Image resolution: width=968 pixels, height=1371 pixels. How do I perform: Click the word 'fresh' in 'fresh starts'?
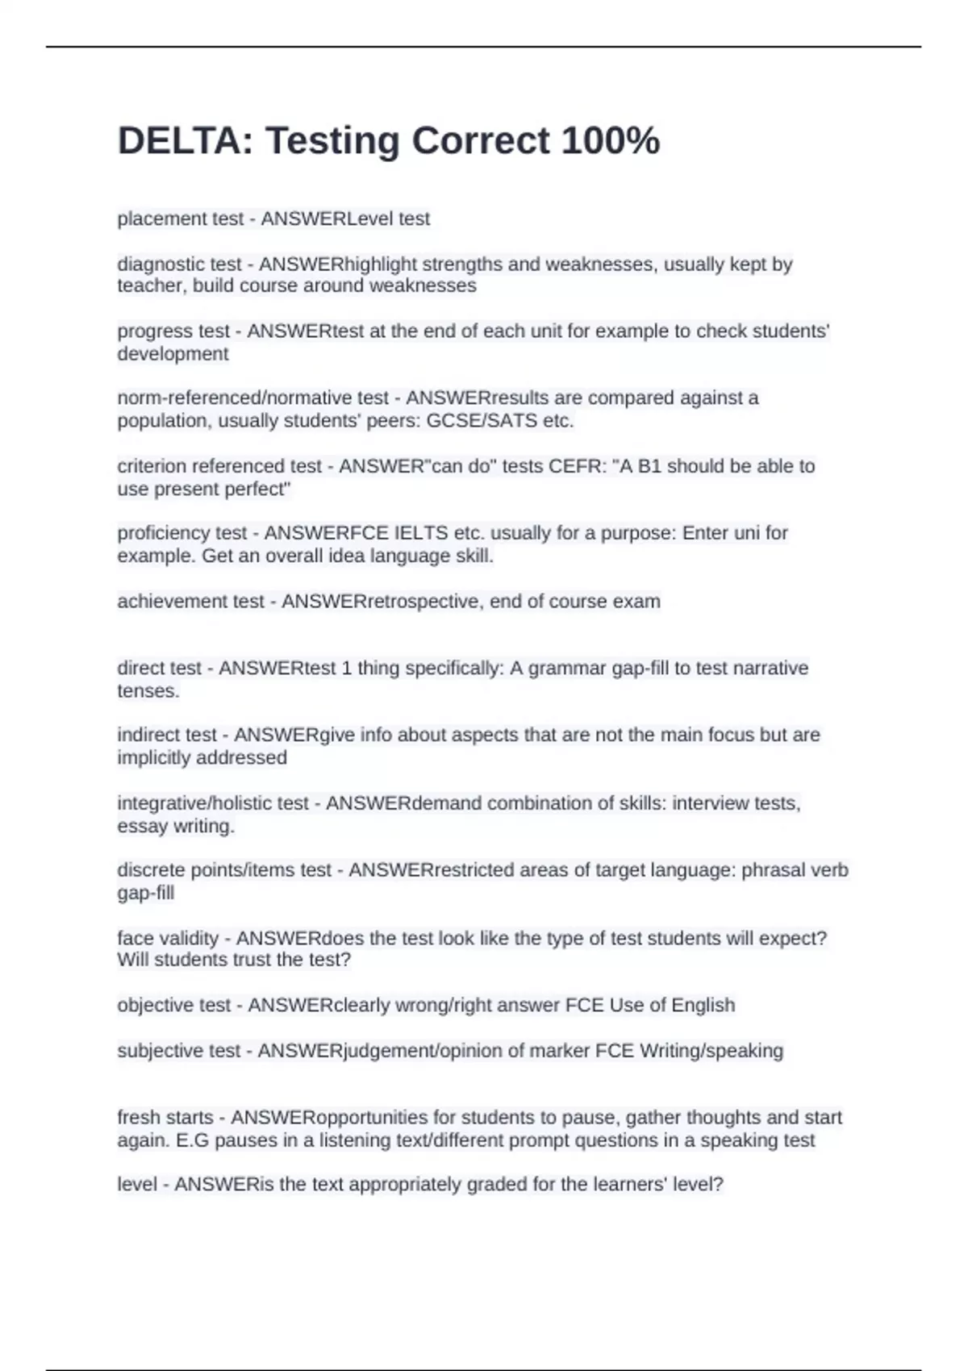click(x=138, y=1118)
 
